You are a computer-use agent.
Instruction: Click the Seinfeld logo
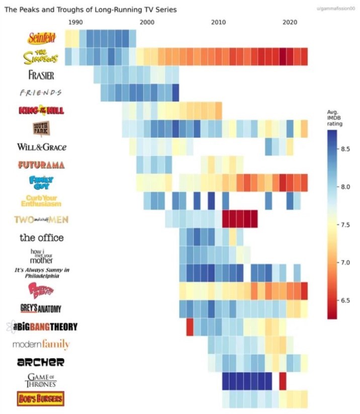[42, 38]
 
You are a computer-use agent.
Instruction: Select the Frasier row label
[41, 75]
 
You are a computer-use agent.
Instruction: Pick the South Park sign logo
[41, 129]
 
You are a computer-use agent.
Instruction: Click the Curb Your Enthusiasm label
[41, 200]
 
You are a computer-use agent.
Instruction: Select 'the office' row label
[41, 237]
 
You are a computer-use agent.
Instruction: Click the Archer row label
[41, 362]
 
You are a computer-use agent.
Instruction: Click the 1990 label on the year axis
[75, 22]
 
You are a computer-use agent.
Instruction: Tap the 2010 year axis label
[218, 22]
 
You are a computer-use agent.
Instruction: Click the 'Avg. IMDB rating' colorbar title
[334, 118]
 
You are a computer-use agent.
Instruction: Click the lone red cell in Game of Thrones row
[283, 380]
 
